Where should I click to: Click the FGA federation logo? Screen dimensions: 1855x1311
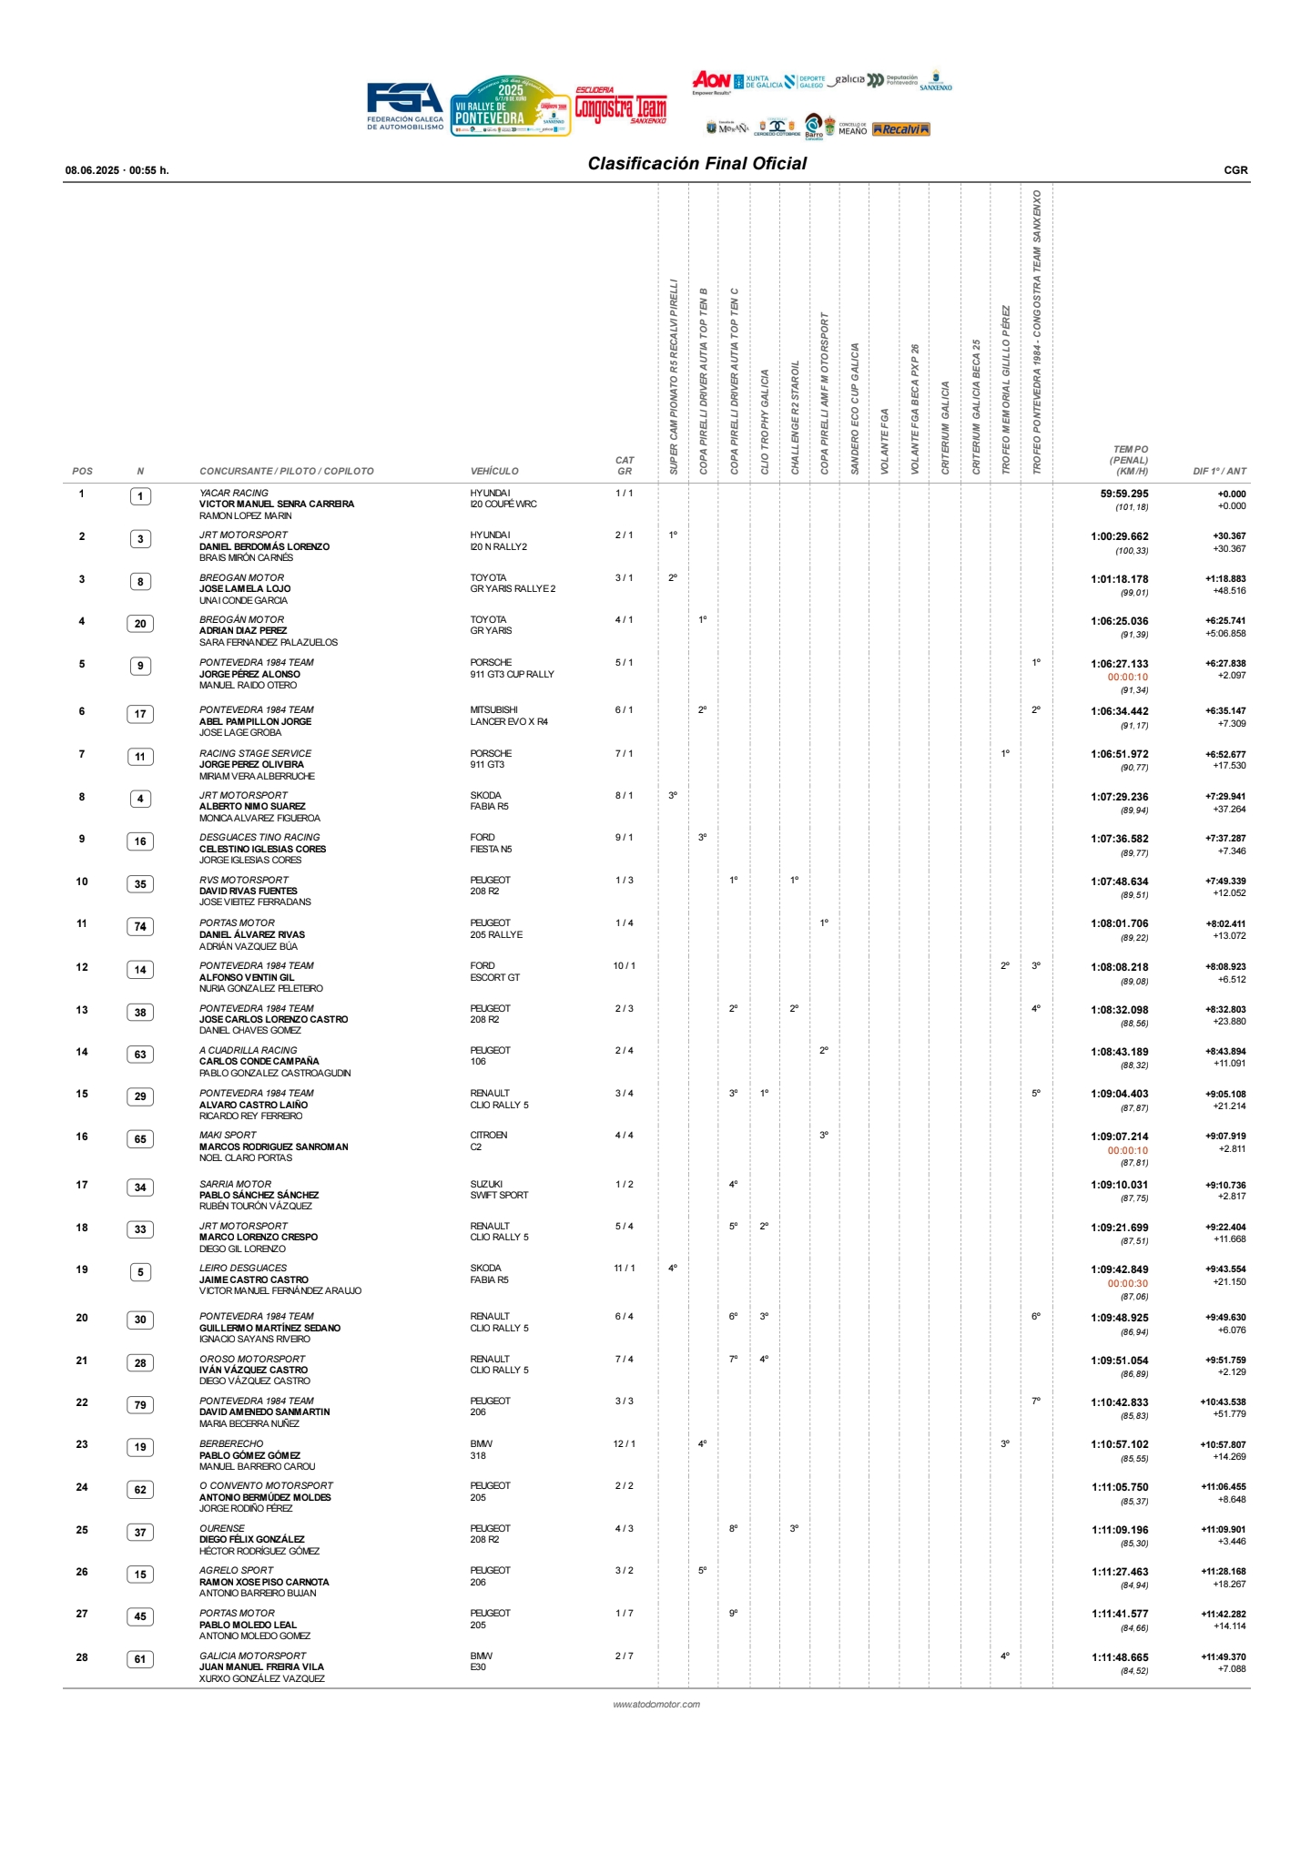(x=405, y=106)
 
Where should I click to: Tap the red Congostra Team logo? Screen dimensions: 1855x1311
(x=620, y=107)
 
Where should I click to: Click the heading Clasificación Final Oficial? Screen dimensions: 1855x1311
(x=696, y=164)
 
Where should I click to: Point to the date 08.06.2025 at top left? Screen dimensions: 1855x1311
(x=92, y=170)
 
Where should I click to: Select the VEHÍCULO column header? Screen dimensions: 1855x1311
(x=494, y=472)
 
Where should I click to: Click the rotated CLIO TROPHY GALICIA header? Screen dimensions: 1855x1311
(x=765, y=421)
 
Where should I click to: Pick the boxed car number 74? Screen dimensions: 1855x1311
(x=140, y=927)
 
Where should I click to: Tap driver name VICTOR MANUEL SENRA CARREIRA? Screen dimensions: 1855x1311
(x=277, y=505)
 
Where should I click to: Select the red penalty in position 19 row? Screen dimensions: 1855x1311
(x=1127, y=1284)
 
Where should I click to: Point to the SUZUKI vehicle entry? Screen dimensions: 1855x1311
(x=486, y=1185)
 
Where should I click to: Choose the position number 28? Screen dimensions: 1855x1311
(x=82, y=1657)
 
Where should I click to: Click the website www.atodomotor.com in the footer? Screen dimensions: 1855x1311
(x=656, y=1705)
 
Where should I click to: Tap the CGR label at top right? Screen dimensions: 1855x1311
(x=1235, y=170)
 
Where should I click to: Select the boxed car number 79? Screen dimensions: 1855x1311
(x=140, y=1405)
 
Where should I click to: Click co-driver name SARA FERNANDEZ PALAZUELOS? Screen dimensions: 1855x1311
(x=268, y=643)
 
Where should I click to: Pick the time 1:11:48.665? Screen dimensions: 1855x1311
(x=1120, y=1658)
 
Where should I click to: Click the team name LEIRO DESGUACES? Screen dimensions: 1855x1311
(x=242, y=1269)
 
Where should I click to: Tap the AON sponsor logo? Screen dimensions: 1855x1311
(x=711, y=81)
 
